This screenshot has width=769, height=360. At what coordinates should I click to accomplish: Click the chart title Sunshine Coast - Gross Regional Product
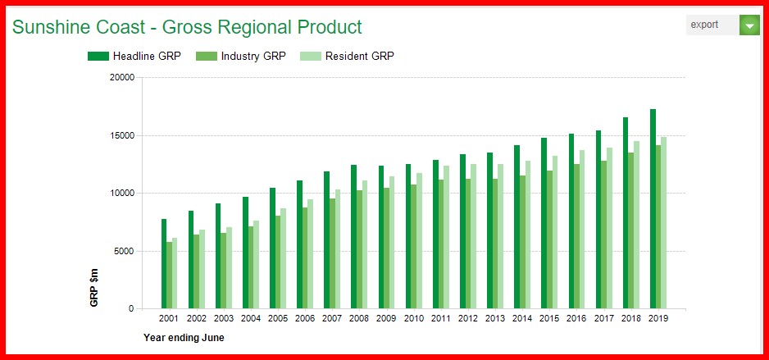pyautogui.click(x=187, y=27)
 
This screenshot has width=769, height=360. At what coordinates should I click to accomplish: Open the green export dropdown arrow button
pyautogui.click(x=749, y=25)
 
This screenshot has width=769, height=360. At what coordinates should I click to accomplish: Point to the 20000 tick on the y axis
pyautogui.click(x=121, y=78)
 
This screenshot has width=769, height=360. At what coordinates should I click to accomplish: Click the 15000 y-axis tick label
pyautogui.click(x=121, y=135)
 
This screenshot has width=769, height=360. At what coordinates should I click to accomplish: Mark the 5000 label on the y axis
pyautogui.click(x=123, y=251)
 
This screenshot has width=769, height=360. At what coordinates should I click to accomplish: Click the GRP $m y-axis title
pyautogui.click(x=94, y=287)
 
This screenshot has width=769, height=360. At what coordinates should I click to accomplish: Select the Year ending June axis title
pyautogui.click(x=184, y=337)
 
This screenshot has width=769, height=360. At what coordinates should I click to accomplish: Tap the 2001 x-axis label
pyautogui.click(x=169, y=317)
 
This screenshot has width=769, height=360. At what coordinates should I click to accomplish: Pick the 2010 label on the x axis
pyautogui.click(x=413, y=317)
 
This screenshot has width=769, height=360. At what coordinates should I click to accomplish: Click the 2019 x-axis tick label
pyautogui.click(x=658, y=317)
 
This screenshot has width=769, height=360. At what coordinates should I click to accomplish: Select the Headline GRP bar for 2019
pyautogui.click(x=653, y=209)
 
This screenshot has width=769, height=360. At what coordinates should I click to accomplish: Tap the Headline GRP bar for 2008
pyautogui.click(x=353, y=237)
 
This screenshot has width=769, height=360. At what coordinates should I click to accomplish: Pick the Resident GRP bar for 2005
pyautogui.click(x=283, y=258)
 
